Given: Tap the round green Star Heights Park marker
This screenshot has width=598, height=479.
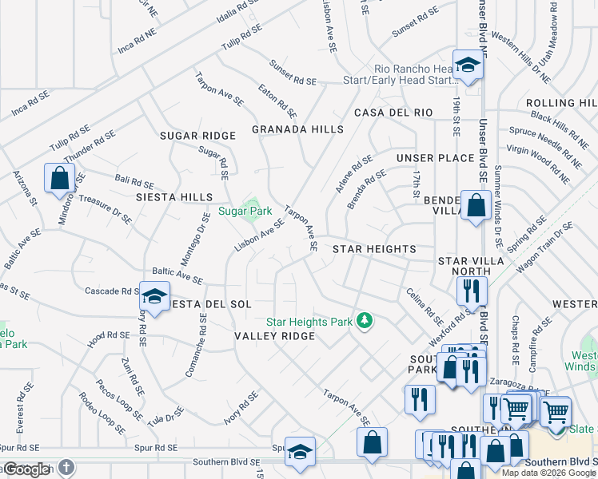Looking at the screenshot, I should [365, 321].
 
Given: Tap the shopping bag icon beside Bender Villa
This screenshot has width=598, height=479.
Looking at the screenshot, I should [476, 205].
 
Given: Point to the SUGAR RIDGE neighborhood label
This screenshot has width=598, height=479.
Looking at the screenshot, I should [197, 137].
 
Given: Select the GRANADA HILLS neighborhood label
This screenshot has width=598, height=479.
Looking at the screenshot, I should [297, 129].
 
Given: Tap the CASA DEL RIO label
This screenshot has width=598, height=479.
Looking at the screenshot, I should [393, 113].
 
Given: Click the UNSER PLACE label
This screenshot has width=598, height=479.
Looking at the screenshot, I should [435, 158].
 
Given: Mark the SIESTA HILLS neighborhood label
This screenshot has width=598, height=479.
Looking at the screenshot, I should [173, 196].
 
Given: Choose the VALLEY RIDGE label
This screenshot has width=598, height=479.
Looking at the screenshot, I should [274, 336].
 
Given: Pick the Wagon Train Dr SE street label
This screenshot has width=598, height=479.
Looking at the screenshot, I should [544, 248].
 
